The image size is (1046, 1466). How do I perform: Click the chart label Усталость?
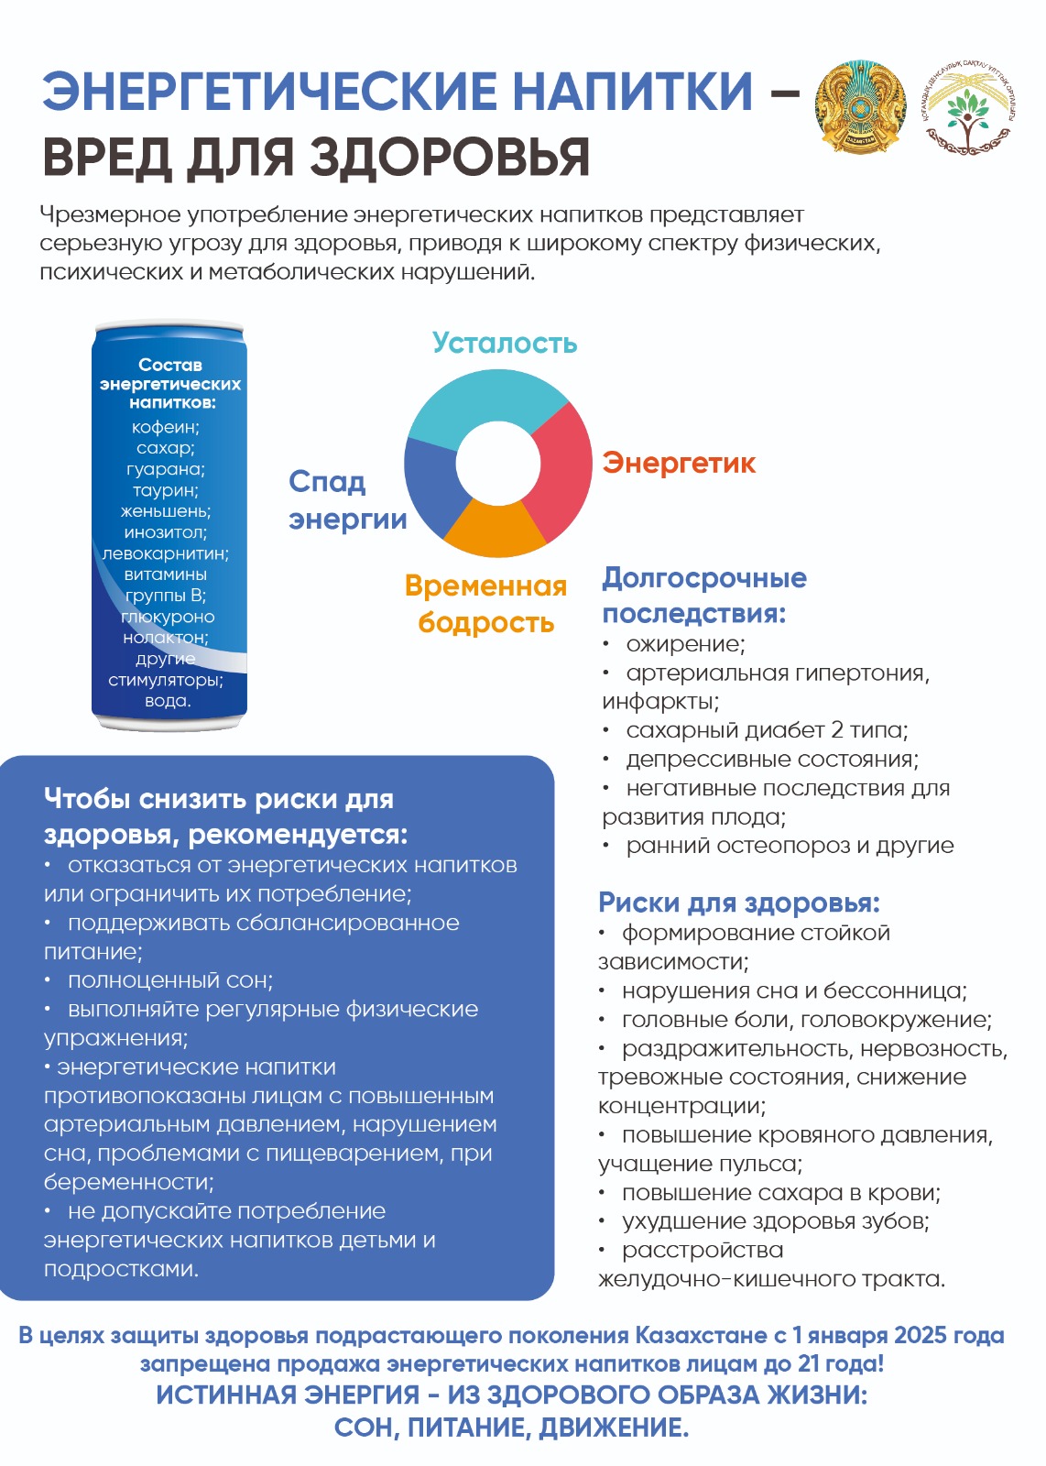click(505, 344)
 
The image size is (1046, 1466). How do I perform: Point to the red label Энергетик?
click(679, 464)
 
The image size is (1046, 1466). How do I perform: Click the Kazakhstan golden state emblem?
click(859, 108)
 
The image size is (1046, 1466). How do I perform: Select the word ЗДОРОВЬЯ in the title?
click(449, 158)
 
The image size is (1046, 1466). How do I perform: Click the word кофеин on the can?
click(165, 427)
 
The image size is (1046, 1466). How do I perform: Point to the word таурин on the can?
click(165, 490)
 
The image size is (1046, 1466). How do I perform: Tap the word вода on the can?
click(168, 701)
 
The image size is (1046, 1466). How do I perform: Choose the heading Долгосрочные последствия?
click(703, 596)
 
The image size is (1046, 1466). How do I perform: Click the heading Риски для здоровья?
click(738, 903)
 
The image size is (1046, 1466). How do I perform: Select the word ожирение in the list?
click(685, 644)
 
